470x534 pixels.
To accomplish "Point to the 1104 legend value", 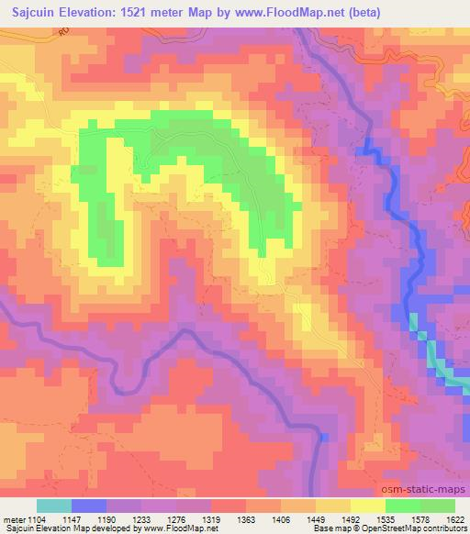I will [33, 518].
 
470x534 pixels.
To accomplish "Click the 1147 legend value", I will [73, 518].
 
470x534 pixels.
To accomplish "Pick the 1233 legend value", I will [151, 518].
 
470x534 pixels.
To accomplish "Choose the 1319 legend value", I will [230, 518].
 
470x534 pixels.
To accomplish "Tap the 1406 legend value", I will [309, 518].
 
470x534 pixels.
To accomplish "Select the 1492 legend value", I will [389, 518].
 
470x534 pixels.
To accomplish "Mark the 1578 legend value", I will [429, 518].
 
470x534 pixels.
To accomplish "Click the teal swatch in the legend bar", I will [55, 506].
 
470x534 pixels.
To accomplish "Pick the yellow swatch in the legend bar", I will [368, 506].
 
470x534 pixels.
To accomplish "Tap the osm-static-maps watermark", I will [431, 487].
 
